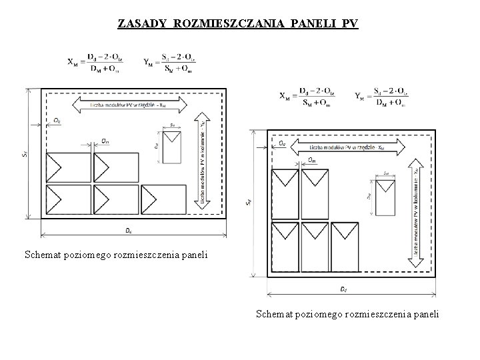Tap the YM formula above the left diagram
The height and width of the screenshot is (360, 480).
pos(169,62)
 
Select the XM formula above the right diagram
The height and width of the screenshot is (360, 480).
pos(307,97)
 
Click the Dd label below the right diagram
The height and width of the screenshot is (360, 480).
pos(342,289)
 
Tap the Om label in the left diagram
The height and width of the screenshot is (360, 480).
pos(106,140)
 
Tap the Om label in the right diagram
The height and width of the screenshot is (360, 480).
pos(313,159)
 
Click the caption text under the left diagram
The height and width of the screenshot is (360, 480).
pos(116,254)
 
